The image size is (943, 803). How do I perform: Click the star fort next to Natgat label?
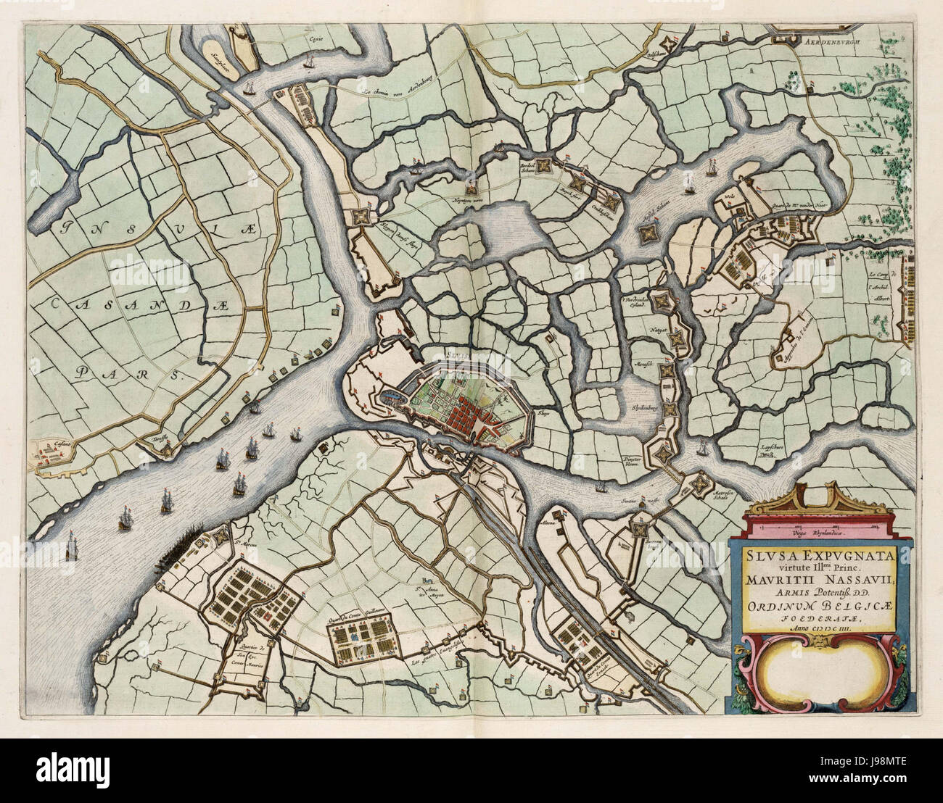pos(676,337)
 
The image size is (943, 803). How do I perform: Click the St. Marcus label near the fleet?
pos(243,537)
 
